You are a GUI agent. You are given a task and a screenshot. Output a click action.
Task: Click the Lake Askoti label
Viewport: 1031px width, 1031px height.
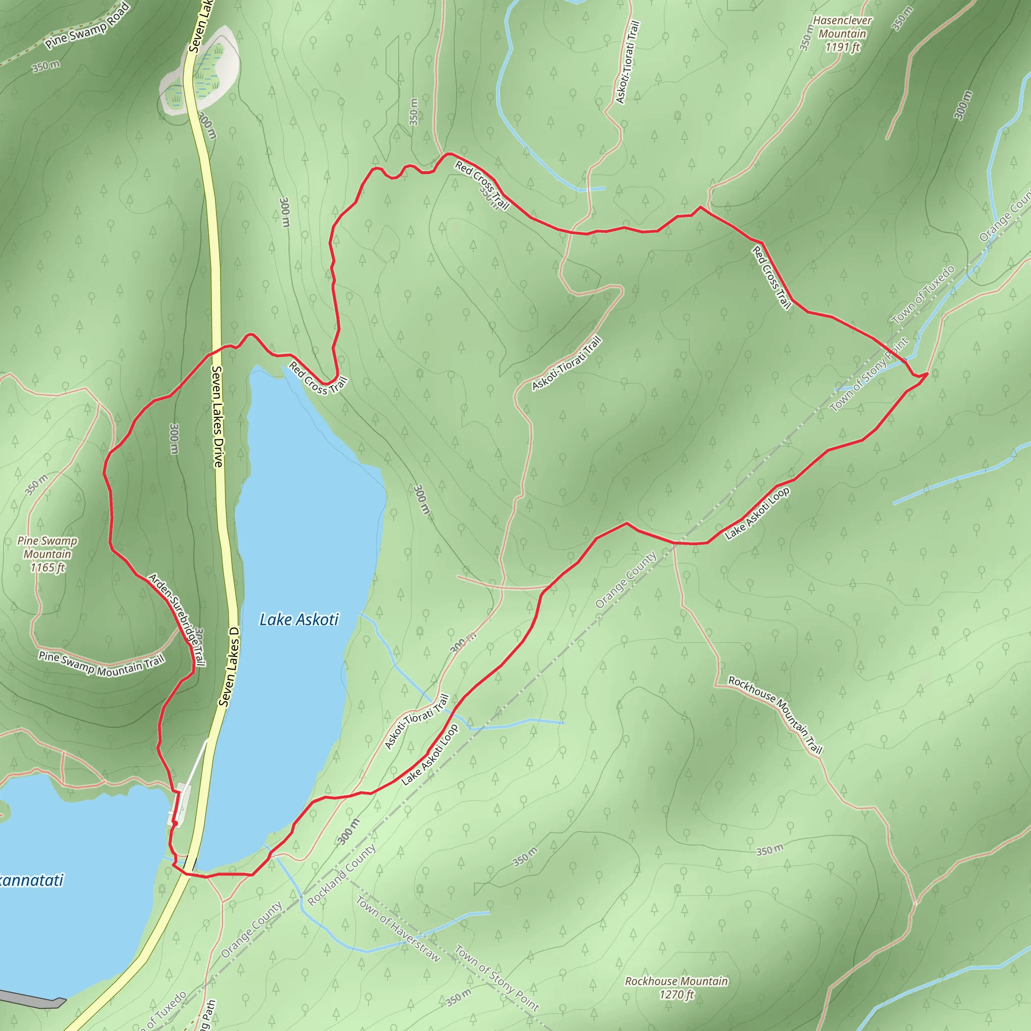[299, 620]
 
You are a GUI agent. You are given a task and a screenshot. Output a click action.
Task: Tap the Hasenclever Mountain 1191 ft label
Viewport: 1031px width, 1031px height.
[842, 34]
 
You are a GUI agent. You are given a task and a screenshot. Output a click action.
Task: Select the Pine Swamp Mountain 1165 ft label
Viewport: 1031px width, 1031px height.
[47, 554]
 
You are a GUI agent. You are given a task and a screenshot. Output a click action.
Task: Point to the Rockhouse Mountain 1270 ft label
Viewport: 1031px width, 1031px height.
[676, 988]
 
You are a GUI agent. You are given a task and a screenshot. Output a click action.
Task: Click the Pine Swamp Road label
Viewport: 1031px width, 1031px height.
[87, 25]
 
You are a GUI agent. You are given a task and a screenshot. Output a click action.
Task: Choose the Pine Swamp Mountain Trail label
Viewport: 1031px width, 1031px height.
[101, 665]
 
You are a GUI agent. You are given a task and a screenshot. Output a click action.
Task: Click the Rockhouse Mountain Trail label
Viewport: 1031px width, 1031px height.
[775, 714]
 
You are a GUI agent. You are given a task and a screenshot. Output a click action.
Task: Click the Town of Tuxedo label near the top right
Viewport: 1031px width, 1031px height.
[923, 294]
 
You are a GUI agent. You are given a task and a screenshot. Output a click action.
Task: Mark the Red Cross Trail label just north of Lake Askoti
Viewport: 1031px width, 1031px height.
[318, 379]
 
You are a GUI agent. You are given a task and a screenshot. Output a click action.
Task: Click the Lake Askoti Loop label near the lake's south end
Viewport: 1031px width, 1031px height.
[429, 755]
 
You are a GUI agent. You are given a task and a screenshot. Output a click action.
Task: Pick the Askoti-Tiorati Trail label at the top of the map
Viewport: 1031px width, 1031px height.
[627, 62]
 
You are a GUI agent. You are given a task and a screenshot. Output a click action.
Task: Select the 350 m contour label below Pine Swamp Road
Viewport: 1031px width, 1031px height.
[46, 66]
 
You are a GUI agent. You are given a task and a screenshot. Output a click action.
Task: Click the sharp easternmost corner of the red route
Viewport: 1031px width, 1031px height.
[927, 374]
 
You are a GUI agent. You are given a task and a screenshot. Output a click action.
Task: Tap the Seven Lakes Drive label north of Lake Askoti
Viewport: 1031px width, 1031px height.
[217, 416]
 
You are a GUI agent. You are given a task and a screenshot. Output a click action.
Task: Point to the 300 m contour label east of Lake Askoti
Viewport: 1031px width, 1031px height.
[421, 499]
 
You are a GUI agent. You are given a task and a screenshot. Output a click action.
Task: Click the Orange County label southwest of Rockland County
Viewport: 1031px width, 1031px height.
[251, 930]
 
